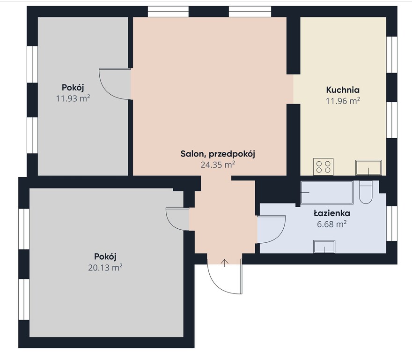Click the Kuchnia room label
pyautogui.click(x=343, y=90)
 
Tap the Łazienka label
pyautogui.click(x=332, y=213)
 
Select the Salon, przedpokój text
pyautogui.click(x=218, y=154)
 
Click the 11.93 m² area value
pyautogui.click(x=73, y=98)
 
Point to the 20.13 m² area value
pyautogui.click(x=105, y=268)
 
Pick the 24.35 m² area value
pyautogui.click(x=218, y=165)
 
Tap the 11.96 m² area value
pyautogui.click(x=343, y=101)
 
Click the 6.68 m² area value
pyautogui.click(x=332, y=224)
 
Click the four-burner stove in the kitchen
pyautogui.click(x=323, y=166)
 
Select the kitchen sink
pyautogui.click(x=368, y=167)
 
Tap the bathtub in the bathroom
pyautogui.click(x=327, y=192)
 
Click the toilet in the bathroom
pyautogui.click(x=366, y=192)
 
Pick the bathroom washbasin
pyautogui.click(x=324, y=247)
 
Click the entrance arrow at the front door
pyautogui.click(x=224, y=263)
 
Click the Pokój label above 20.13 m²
pyautogui.click(x=105, y=256)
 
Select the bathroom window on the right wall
pyautogui.click(x=391, y=224)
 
